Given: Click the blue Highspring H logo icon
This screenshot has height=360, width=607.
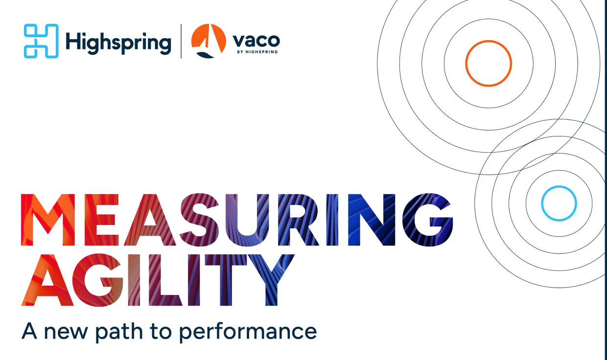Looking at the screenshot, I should (41, 41).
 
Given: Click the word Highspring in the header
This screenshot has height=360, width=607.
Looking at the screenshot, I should (118, 42).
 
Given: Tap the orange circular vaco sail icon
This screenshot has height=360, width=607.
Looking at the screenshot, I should (209, 41).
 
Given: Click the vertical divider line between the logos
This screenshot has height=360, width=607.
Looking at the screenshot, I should (181, 41).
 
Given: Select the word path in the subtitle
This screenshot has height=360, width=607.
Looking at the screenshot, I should (116, 331).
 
